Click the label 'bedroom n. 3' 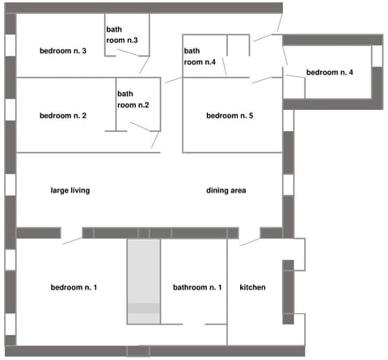[63, 52]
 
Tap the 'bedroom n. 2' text [63, 116]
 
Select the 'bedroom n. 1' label [74, 287]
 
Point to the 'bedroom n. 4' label [329, 73]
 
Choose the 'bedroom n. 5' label [230, 116]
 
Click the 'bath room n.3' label [122, 35]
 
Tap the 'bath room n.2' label [133, 99]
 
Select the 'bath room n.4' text [199, 56]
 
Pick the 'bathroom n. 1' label [197, 287]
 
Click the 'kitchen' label [253, 287]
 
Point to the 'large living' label [70, 191]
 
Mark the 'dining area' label [226, 191]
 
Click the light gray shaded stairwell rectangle [143, 271]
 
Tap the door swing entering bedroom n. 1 [71, 236]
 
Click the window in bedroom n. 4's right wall [377, 57]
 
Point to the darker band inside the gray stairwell [143, 308]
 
